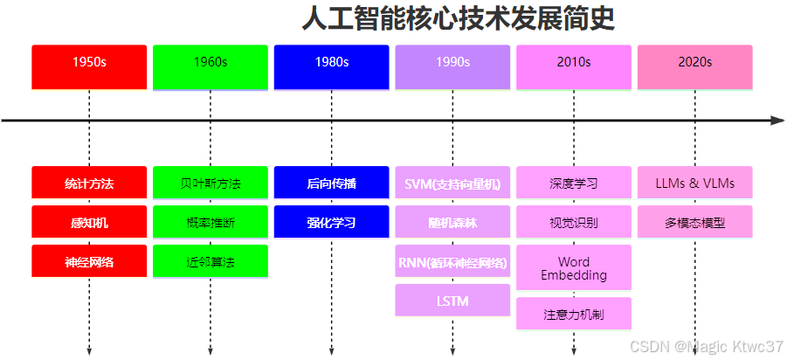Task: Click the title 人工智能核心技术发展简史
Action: point(458,18)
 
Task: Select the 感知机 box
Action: point(89,222)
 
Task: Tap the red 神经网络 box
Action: point(89,261)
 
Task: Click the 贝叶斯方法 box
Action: point(211,183)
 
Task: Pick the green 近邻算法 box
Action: point(211,261)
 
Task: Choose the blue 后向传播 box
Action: point(331,183)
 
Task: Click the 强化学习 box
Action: point(331,222)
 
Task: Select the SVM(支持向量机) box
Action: point(452,183)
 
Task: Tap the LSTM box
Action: point(452,301)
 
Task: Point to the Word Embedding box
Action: point(573,267)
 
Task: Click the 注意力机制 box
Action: point(573,314)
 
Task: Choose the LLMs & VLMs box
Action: point(694,183)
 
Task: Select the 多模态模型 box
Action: point(694,222)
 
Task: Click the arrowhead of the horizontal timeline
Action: point(777,121)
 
